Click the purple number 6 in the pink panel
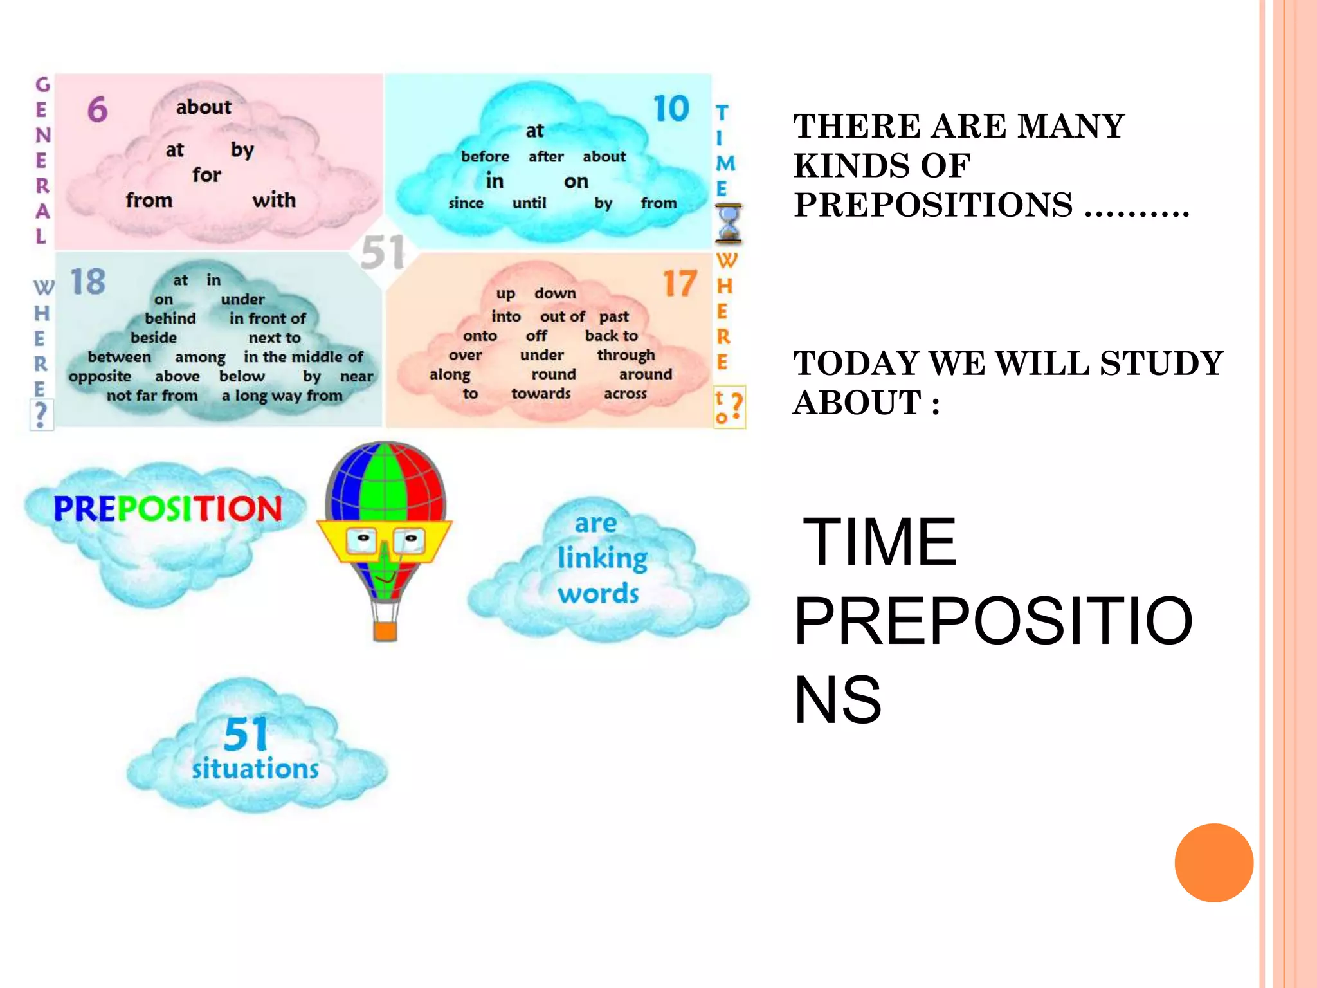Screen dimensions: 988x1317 pyautogui.click(x=97, y=109)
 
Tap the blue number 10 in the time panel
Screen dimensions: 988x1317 pyautogui.click(x=671, y=108)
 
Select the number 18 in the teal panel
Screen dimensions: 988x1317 pyautogui.click(x=87, y=282)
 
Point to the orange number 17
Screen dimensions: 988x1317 pyautogui.click(x=679, y=284)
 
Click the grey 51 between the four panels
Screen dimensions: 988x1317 pyautogui.click(x=383, y=252)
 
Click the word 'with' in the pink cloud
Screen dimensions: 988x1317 pyautogui.click(x=274, y=200)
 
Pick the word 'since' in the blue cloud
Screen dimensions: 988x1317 pyautogui.click(x=466, y=203)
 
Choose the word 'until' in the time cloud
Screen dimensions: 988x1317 pyautogui.click(x=529, y=203)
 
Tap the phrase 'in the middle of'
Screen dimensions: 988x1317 pyautogui.click(x=303, y=356)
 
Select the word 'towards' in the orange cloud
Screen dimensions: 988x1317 pyautogui.click(x=541, y=393)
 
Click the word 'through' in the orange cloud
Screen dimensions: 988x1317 pyautogui.click(x=626, y=355)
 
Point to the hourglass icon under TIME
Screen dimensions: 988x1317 pyautogui.click(x=729, y=223)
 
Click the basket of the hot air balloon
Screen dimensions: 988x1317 pyautogui.click(x=385, y=630)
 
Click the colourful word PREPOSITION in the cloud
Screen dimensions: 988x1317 pyautogui.click(x=168, y=508)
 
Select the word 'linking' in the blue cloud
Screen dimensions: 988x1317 pyautogui.click(x=602, y=558)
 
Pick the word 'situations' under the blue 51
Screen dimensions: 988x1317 pyautogui.click(x=255, y=769)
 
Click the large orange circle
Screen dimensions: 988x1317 pyautogui.click(x=1213, y=863)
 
